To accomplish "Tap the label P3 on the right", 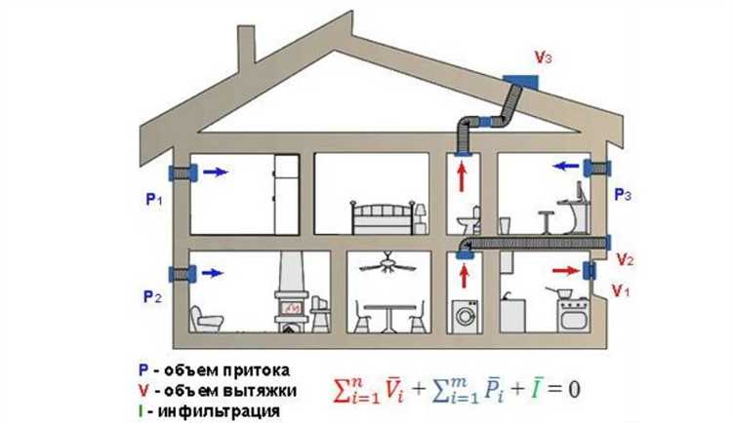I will pyautogui.click(x=623, y=196).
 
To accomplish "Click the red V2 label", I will pyautogui.click(x=626, y=261).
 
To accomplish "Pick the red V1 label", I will pyautogui.click(x=621, y=290).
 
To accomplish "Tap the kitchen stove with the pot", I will pyautogui.click(x=567, y=310).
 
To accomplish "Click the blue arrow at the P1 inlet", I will pyautogui.click(x=218, y=172).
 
